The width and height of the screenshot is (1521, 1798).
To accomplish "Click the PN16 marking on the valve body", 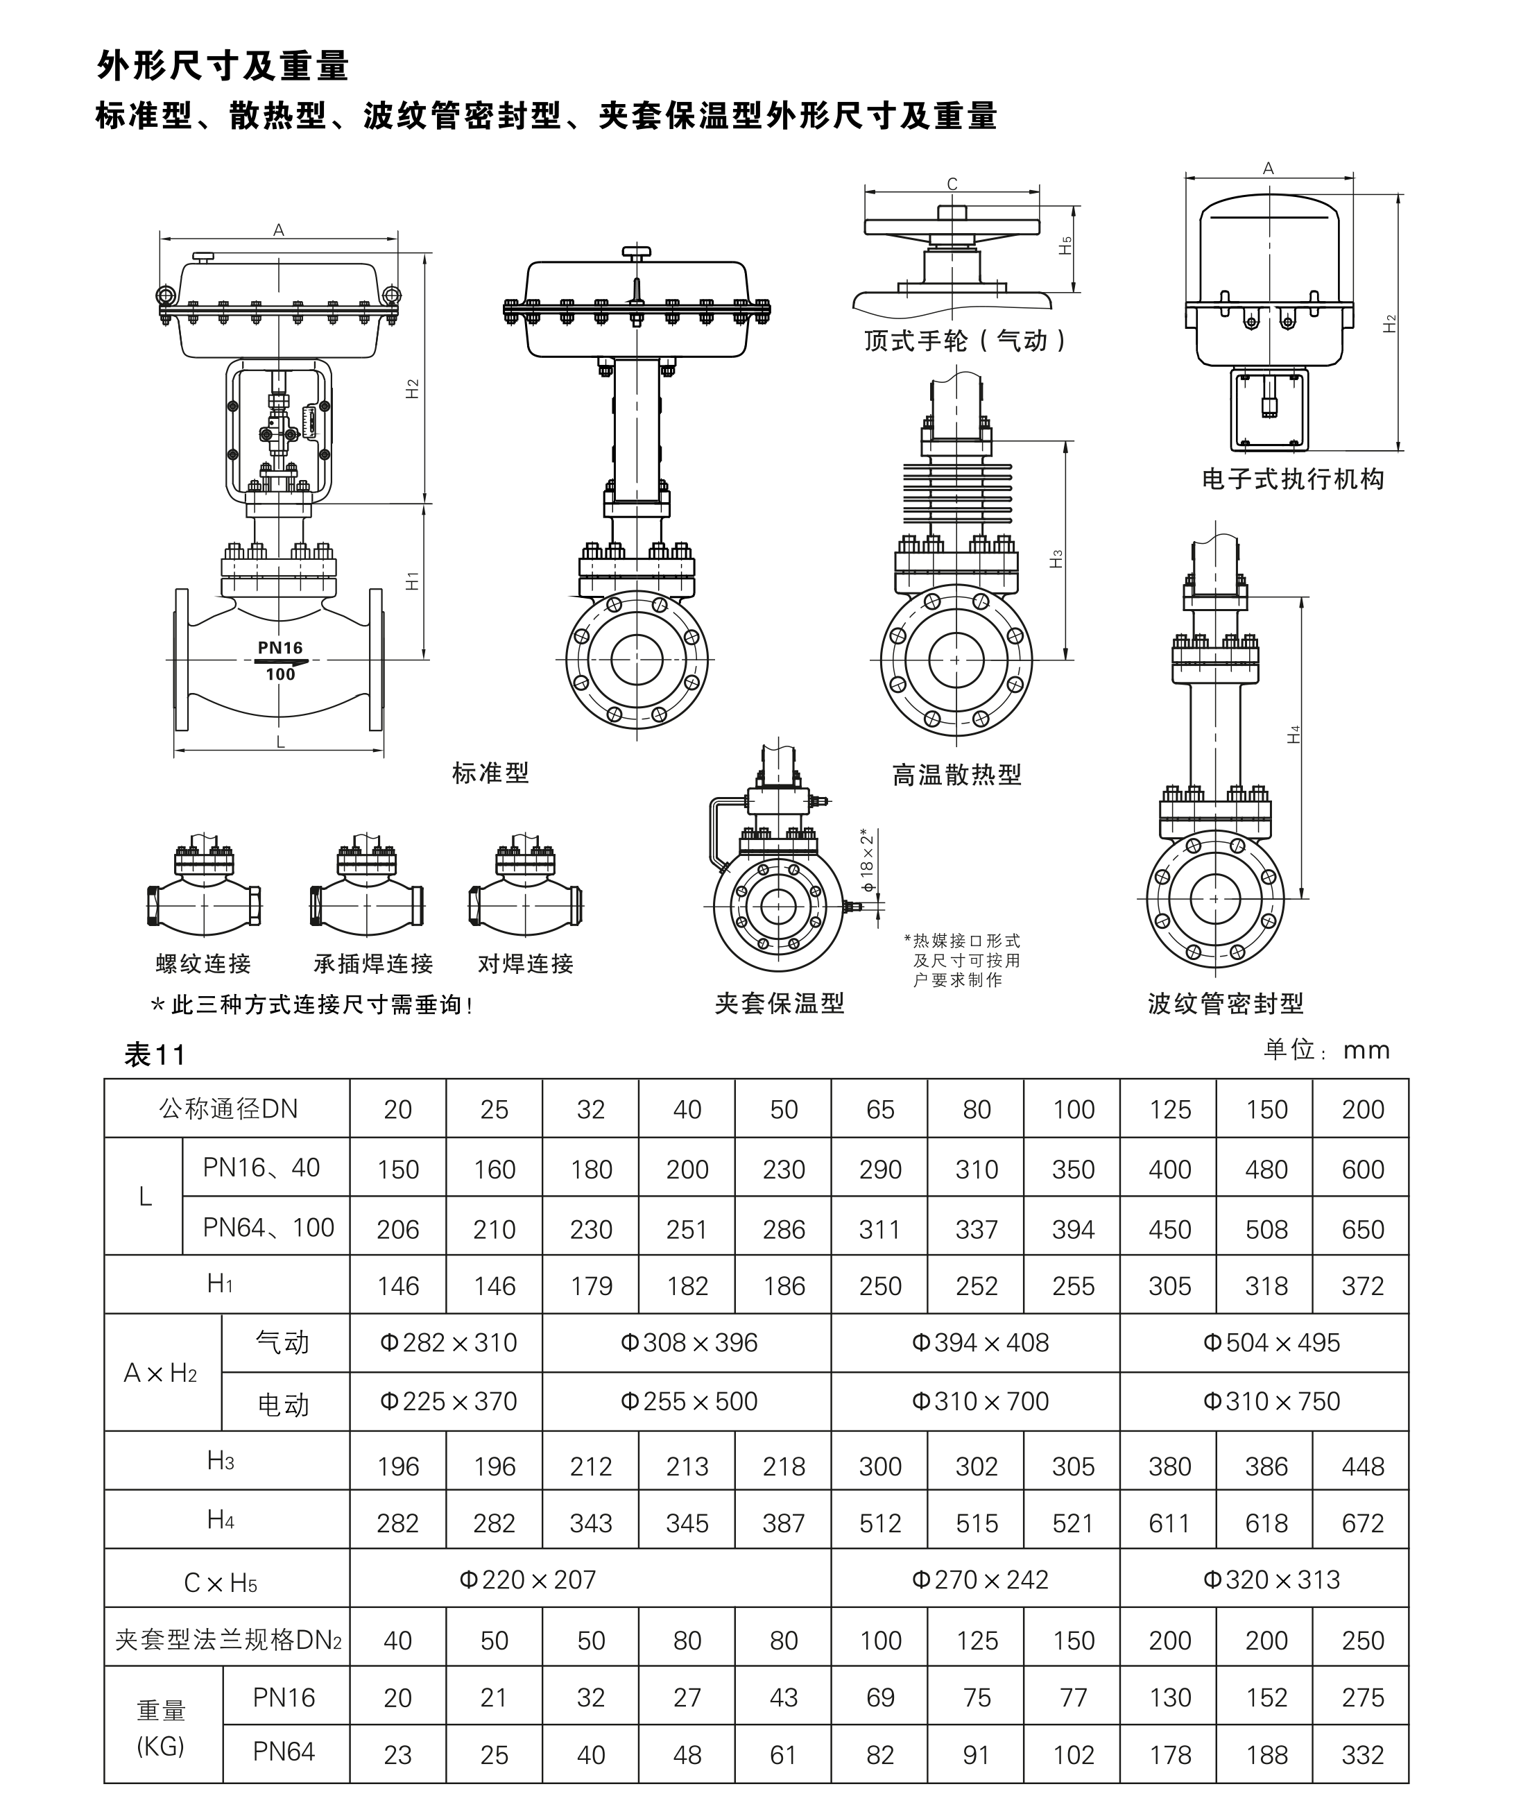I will click(x=280, y=648).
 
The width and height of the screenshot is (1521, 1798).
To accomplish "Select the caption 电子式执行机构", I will click(x=1293, y=479).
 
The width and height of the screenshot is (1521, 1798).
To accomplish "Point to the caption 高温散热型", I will click(x=957, y=776).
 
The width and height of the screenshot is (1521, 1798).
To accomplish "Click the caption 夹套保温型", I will click(x=780, y=1004).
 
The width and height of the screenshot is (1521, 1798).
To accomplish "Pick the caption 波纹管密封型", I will click(x=1226, y=1004).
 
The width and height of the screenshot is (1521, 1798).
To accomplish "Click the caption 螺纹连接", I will click(x=203, y=964).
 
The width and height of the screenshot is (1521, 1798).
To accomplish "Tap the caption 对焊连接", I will click(x=526, y=964).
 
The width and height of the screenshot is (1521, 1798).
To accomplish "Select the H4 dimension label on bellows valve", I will click(x=1294, y=735).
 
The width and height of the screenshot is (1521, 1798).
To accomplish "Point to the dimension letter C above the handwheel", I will click(x=952, y=184).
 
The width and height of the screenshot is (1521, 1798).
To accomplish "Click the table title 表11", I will click(x=155, y=1054).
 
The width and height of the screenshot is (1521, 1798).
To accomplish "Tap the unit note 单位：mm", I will click(x=1327, y=1050).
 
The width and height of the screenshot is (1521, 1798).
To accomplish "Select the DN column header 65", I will click(x=879, y=1109).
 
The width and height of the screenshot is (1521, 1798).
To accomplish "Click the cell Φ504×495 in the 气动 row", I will click(x=1272, y=1343).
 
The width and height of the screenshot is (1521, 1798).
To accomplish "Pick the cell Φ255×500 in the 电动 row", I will click(x=688, y=1401).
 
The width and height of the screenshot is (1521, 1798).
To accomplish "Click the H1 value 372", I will click(x=1361, y=1286).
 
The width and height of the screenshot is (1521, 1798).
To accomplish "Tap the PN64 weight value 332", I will click(x=1361, y=1755).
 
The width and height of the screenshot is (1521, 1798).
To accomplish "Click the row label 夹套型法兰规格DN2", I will click(x=228, y=1641).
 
